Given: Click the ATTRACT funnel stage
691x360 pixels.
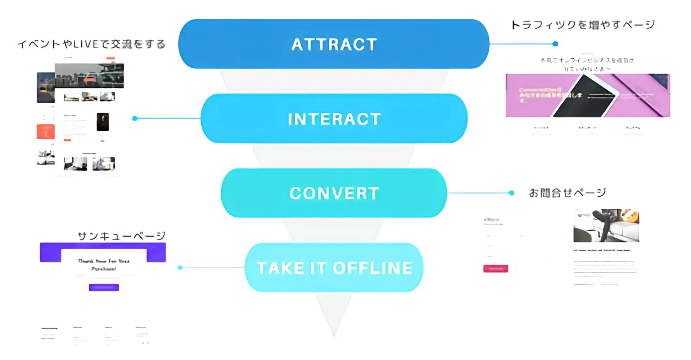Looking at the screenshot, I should click(334, 44).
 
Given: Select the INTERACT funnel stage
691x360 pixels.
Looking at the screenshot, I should click(334, 119).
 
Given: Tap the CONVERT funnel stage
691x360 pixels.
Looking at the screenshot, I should click(334, 193).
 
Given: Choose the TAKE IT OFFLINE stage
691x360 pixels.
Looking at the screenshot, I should click(334, 268).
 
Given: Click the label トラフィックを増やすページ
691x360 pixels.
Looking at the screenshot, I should click(583, 25).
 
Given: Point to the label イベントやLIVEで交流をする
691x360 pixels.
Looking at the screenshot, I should click(91, 44).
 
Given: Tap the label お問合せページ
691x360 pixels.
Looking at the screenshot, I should click(567, 193).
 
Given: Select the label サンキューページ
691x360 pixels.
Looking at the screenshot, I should click(122, 236).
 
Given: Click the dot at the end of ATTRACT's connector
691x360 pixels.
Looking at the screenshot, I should click(555, 44).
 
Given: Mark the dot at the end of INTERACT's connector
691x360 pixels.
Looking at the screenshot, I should click(135, 118).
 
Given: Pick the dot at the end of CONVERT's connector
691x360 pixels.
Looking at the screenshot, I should click(511, 193).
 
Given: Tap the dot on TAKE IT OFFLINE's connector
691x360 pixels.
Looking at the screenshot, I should click(180, 268).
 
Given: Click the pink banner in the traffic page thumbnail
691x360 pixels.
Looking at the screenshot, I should click(588, 96).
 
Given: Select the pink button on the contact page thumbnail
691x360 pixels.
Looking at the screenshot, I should click(496, 269).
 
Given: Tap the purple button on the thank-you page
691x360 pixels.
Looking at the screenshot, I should click(104, 287).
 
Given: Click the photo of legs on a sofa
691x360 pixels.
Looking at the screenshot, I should click(606, 226).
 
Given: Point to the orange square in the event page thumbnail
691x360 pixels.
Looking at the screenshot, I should click(46, 132).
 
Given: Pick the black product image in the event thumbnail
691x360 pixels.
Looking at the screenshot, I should click(103, 122).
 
